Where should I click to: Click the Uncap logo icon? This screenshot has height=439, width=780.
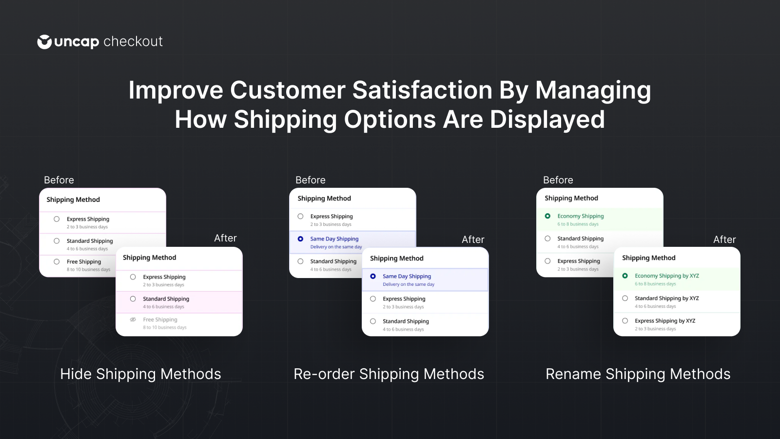(44, 42)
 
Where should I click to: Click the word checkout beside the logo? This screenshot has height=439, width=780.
(133, 41)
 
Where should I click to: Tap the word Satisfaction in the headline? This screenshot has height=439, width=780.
(422, 90)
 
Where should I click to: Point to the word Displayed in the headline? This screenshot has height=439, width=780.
(547, 120)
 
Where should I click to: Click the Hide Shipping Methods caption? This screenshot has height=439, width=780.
(141, 374)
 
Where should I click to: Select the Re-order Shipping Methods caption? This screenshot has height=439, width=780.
(389, 374)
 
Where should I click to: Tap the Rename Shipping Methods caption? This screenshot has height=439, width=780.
(638, 374)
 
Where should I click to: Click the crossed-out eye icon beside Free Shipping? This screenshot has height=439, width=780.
(133, 319)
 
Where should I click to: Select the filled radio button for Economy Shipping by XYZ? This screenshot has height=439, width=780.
(625, 276)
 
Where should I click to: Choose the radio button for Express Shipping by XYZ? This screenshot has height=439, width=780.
(625, 320)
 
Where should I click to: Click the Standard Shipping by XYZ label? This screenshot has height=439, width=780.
(667, 298)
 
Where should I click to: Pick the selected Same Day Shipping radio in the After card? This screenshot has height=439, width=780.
(373, 276)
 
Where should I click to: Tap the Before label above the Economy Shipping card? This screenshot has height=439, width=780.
(558, 180)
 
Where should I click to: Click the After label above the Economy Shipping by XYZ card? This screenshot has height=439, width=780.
(724, 239)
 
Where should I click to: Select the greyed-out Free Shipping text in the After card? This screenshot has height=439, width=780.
(160, 319)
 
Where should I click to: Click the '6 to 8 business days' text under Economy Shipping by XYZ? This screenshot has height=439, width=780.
(655, 283)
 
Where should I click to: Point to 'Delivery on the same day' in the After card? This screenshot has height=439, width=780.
(409, 284)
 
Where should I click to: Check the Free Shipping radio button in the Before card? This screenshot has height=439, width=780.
(57, 261)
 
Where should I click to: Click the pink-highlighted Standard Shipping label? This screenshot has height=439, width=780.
(166, 299)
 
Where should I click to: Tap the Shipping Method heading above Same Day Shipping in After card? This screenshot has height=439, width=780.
(397, 258)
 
